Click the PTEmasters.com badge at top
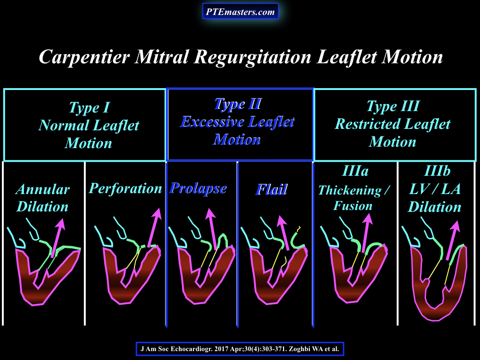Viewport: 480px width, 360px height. (x=240, y=11)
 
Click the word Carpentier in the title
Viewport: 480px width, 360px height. (x=84, y=57)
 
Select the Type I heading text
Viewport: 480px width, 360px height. (x=89, y=107)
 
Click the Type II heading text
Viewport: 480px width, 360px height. (x=238, y=104)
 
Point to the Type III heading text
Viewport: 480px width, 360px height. (x=393, y=106)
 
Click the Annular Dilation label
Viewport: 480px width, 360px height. (x=43, y=198)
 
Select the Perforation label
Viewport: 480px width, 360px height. (x=125, y=188)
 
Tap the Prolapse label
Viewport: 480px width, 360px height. (x=198, y=188)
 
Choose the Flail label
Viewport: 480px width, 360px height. (x=271, y=189)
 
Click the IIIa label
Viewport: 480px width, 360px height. (x=355, y=171)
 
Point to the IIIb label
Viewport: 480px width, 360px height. (x=437, y=171)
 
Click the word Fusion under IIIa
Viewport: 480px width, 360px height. (x=353, y=205)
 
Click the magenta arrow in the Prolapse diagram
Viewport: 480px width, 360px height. (x=212, y=229)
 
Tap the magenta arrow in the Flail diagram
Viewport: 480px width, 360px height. (x=284, y=232)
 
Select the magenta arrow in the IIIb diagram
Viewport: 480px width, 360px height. (x=453, y=240)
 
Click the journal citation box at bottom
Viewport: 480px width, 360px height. (x=240, y=349)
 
